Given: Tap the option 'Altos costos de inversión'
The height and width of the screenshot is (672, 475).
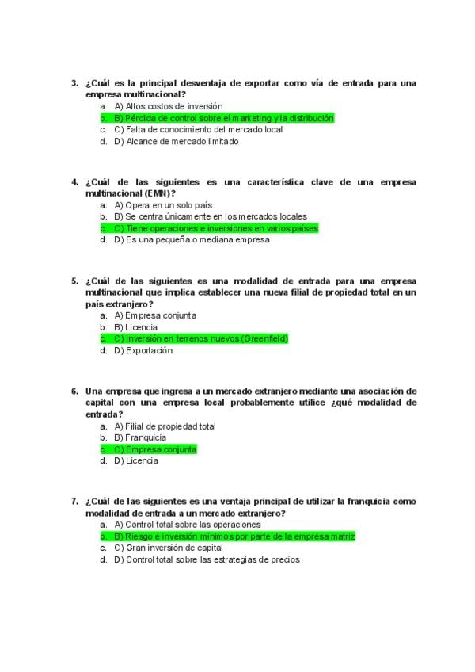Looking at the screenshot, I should tap(168, 106).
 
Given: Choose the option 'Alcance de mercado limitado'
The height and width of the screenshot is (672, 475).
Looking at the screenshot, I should tap(176, 142).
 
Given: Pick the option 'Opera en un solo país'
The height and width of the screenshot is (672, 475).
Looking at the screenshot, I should tap(163, 204).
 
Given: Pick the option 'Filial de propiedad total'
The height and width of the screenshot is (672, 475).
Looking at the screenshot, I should tap(170, 426).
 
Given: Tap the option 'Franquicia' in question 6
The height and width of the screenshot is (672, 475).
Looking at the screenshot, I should tap(146, 437).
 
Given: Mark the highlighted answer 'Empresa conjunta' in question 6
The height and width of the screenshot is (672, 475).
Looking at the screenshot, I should tap(161, 449).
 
